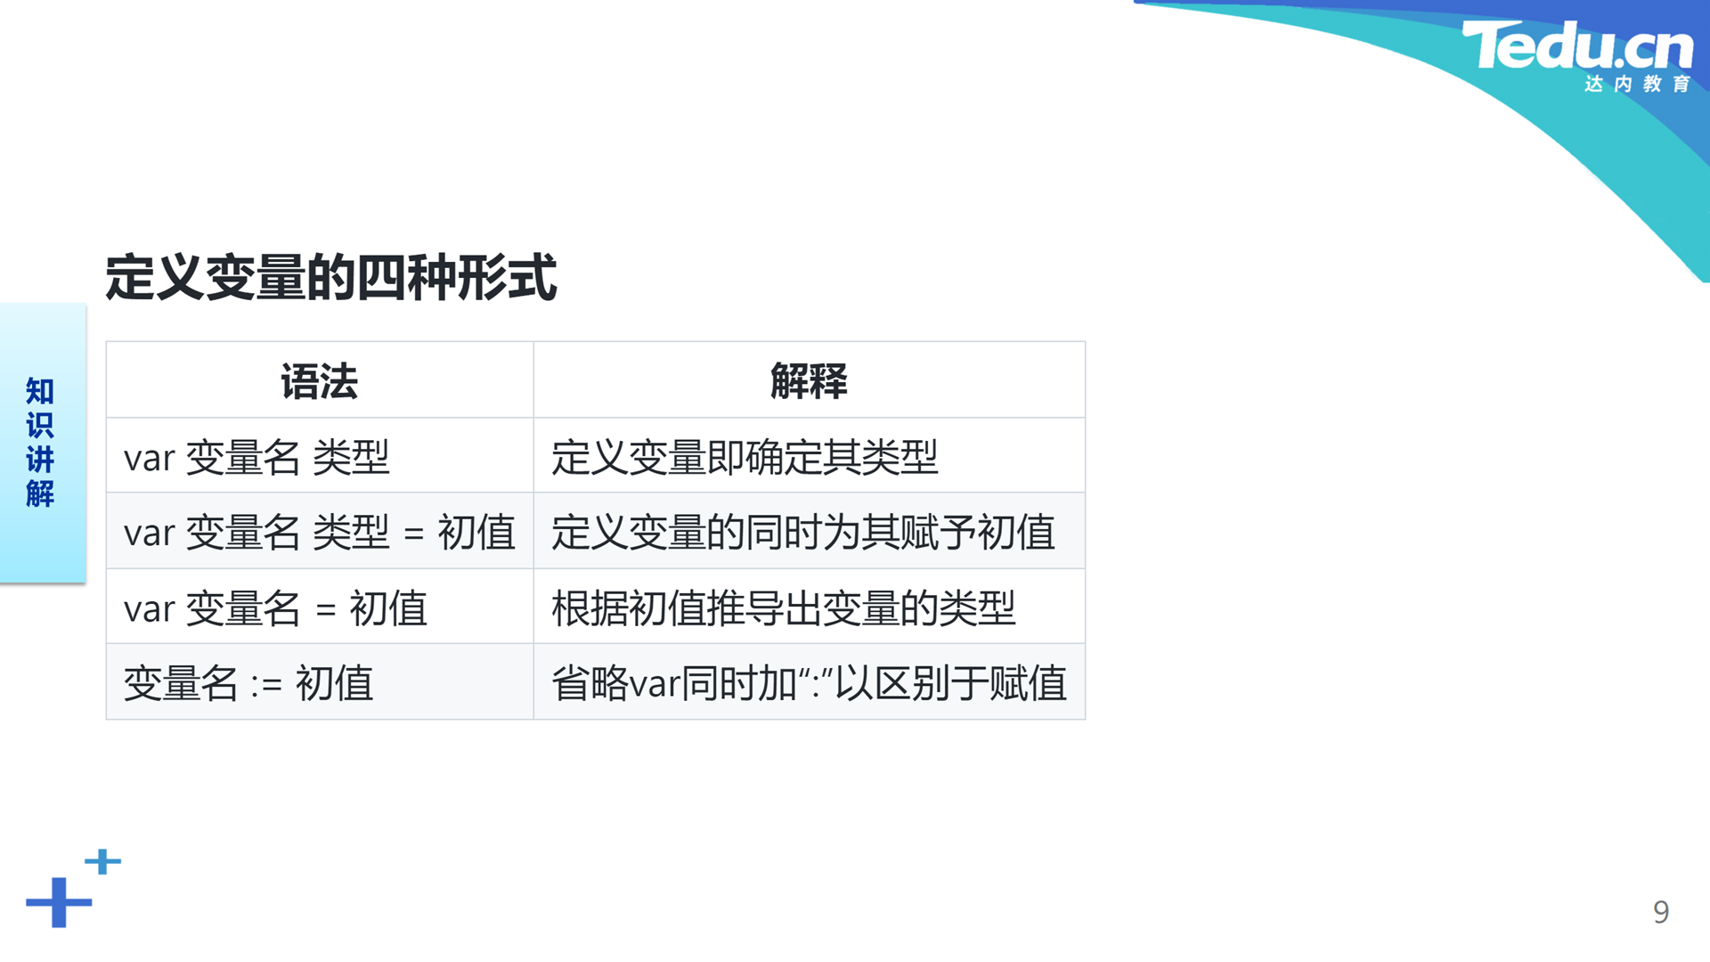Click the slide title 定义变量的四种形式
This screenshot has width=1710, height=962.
331,278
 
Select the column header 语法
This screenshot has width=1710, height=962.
319,381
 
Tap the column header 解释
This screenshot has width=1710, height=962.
809,381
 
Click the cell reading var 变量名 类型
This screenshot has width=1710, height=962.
256,458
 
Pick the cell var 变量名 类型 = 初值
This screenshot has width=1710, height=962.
320,533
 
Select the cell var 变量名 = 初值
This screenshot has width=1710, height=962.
275,609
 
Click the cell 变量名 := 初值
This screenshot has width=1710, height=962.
248,684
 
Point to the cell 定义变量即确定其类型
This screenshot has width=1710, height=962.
745,458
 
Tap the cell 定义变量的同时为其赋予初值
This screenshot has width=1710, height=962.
803,533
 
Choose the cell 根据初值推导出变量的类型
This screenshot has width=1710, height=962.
784,609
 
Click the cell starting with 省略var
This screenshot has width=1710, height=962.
810,684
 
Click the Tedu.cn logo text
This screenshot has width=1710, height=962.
1577,45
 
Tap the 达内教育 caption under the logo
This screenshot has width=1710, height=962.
1637,84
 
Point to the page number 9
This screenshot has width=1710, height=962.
1661,911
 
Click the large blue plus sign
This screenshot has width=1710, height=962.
59,902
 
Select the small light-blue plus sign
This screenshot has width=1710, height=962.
102,861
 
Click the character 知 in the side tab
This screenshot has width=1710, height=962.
40,391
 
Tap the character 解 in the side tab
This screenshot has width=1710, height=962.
40,493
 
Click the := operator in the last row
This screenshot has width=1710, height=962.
266,685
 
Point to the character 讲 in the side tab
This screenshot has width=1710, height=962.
40,459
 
